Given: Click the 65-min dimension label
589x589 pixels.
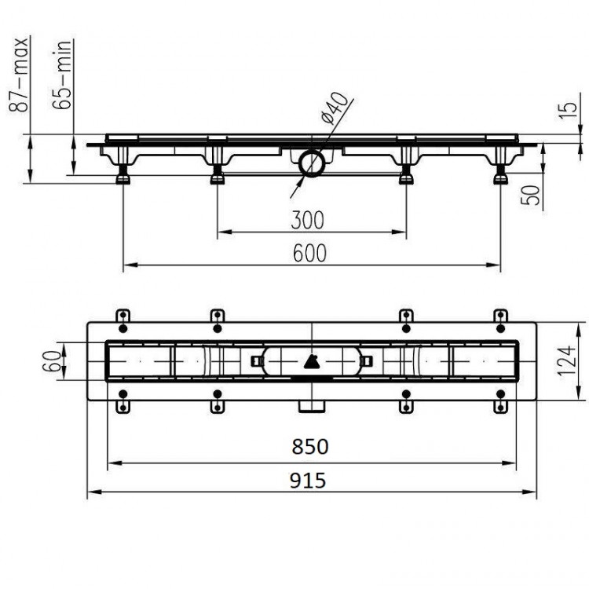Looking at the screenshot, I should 64,75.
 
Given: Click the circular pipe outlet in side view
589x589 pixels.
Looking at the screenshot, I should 312,164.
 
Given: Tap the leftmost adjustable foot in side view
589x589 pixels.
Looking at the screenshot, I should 123,176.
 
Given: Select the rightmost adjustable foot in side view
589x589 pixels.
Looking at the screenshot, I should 499,176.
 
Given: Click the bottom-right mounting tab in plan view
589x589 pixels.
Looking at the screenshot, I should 499,405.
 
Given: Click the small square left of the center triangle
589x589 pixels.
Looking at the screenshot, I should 257,360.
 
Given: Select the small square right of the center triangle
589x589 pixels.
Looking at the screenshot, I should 366,360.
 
